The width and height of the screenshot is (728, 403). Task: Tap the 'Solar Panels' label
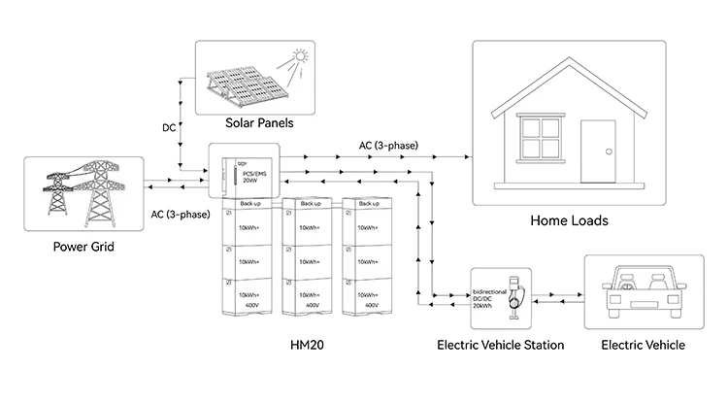click(x=259, y=124)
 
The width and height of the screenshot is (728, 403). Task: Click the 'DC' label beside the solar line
click(x=169, y=127)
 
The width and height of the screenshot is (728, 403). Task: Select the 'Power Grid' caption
click(x=83, y=248)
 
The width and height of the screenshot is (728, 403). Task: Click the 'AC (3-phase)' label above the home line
click(x=388, y=146)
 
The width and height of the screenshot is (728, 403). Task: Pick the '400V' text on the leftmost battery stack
click(x=252, y=305)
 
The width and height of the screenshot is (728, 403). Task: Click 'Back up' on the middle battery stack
click(x=311, y=204)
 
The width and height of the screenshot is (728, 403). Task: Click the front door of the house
click(x=596, y=152)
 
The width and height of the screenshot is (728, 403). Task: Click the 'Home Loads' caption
click(x=569, y=220)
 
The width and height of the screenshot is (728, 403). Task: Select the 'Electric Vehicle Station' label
click(x=500, y=345)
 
